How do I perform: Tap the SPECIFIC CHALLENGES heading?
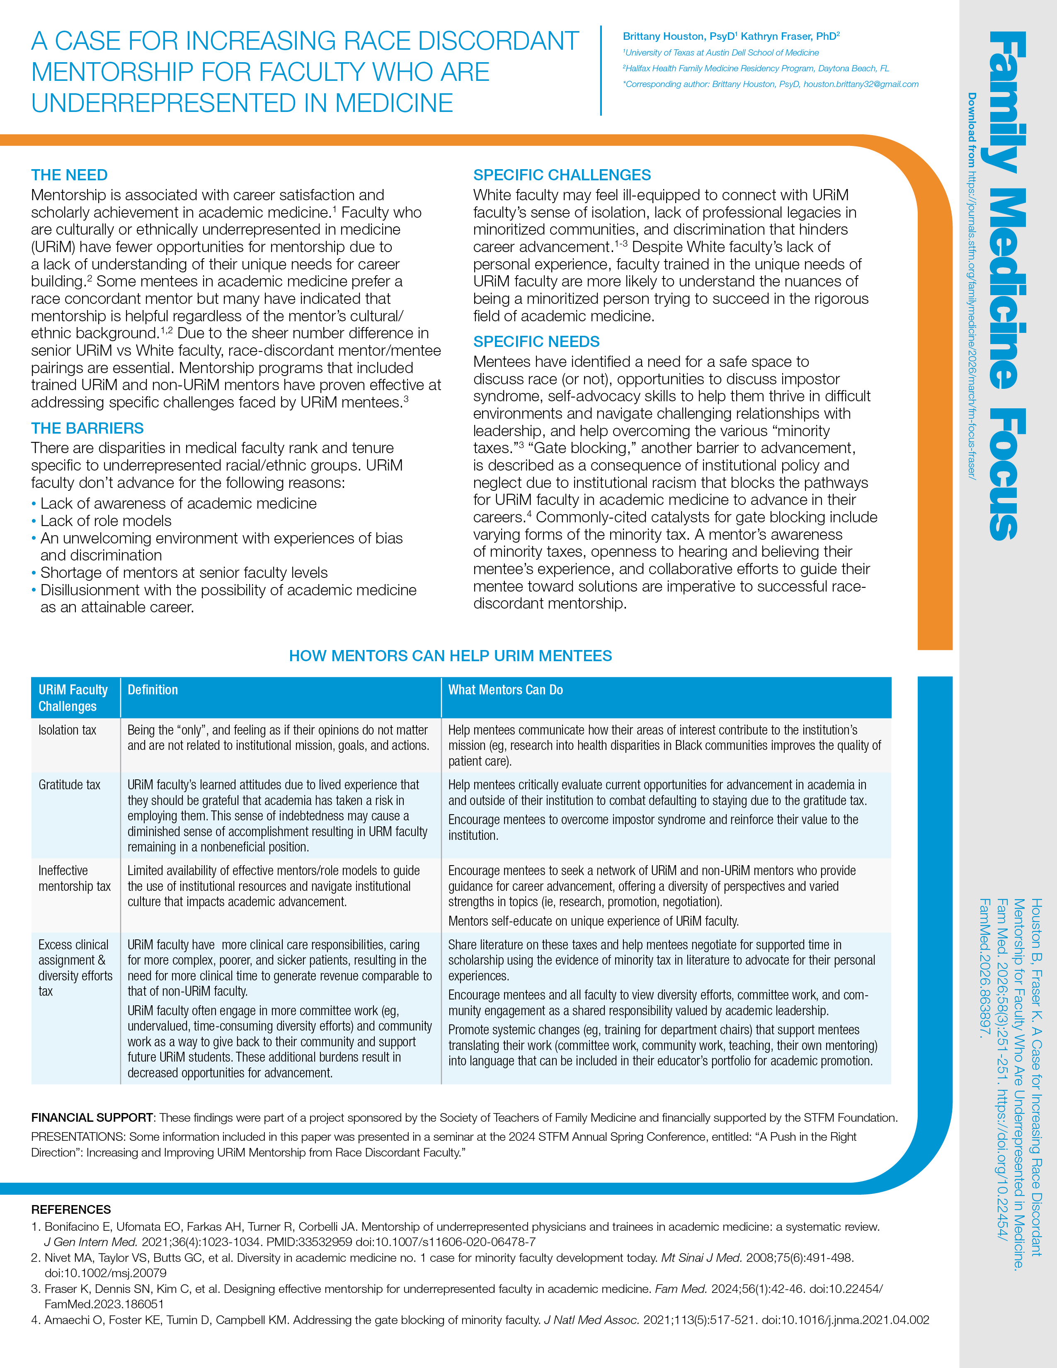(x=562, y=175)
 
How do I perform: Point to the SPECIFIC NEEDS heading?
(x=536, y=341)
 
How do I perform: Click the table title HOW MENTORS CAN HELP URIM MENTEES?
(x=450, y=656)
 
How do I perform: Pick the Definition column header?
(x=153, y=690)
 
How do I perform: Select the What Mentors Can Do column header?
(x=505, y=690)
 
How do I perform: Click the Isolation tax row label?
(x=67, y=730)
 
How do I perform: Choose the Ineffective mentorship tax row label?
(x=74, y=878)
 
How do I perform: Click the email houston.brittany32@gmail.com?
(x=861, y=84)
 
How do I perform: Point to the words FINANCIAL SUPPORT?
(x=92, y=1118)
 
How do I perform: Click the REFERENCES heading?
(x=71, y=1210)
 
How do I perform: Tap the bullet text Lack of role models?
(x=106, y=521)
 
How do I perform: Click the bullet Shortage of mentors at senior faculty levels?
(x=184, y=572)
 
